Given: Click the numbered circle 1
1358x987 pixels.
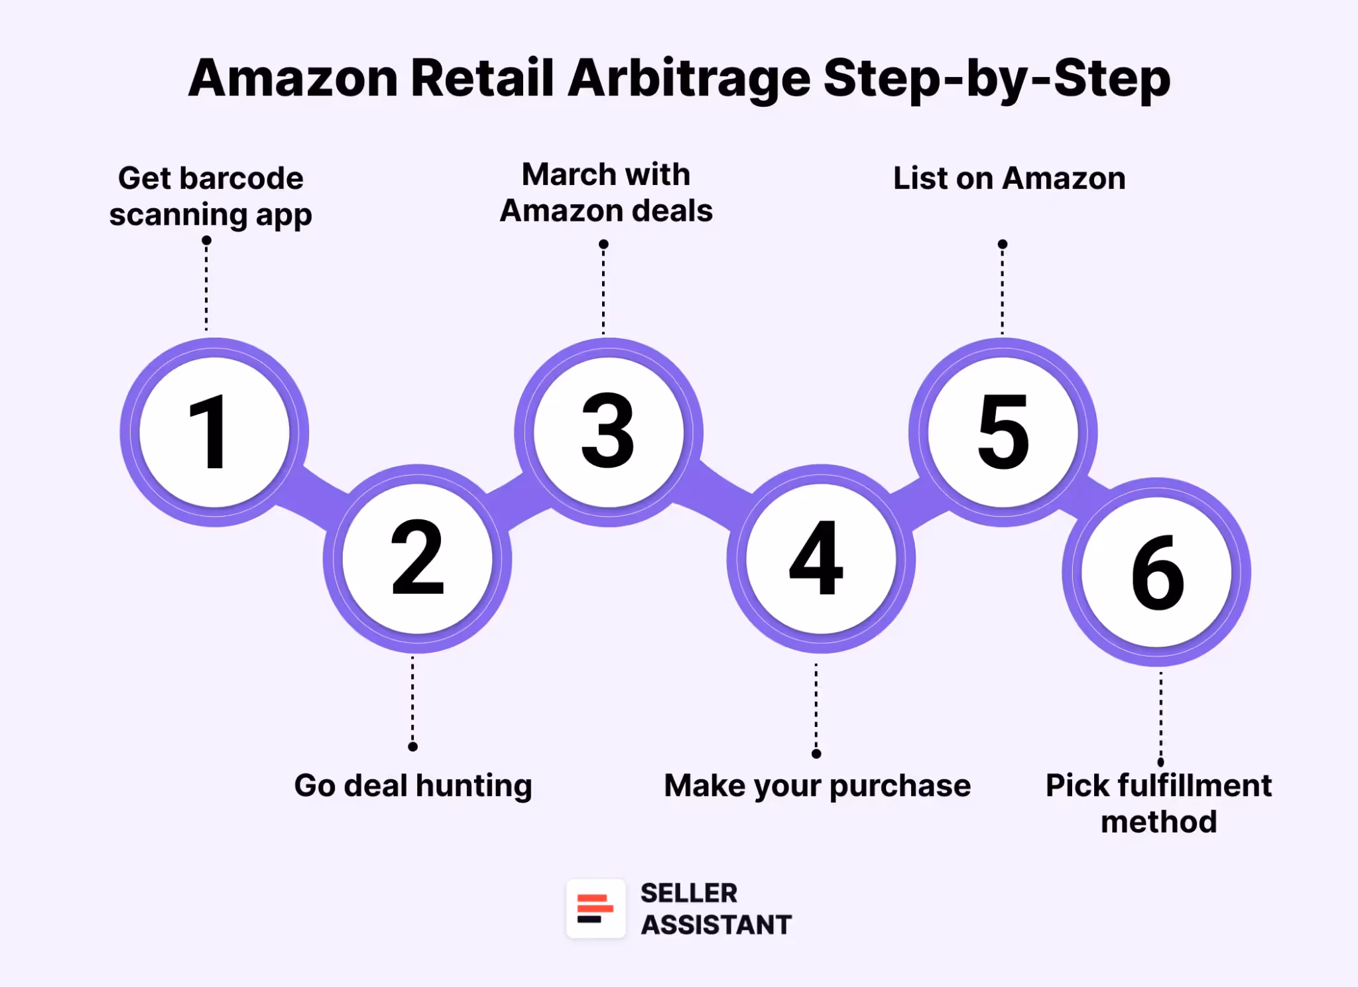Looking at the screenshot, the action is (x=214, y=432).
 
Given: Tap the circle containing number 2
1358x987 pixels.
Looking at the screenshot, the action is (x=417, y=559).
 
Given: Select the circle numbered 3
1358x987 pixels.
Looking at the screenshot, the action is (x=608, y=432).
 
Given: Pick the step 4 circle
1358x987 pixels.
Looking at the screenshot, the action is (x=820, y=559).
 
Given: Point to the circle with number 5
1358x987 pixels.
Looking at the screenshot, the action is (x=1003, y=432).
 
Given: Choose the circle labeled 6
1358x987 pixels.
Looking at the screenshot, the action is (x=1156, y=572).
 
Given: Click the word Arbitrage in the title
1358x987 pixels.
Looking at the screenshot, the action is (x=689, y=78).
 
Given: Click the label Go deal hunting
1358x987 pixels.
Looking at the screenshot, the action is (x=412, y=786).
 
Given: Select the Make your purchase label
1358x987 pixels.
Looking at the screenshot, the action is (x=817, y=786).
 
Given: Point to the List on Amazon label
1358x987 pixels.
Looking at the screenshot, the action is (x=1009, y=178).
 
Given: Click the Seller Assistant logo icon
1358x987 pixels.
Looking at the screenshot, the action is (x=595, y=908).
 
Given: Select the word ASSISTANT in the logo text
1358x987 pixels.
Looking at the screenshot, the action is (x=716, y=925).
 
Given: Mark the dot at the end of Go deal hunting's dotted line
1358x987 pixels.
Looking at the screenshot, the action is (x=412, y=747).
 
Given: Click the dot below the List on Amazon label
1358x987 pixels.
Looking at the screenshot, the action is (x=1003, y=244).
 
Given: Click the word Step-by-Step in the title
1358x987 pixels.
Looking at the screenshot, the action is (x=997, y=78).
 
